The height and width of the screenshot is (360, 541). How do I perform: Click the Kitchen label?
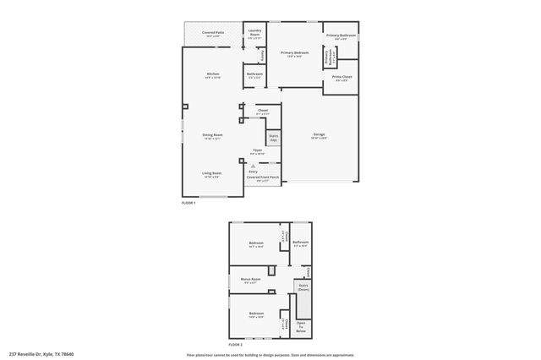pyautogui.click(x=213, y=75)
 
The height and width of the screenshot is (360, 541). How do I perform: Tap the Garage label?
pyautogui.click(x=319, y=136)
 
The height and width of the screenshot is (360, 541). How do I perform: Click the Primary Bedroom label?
pyautogui.click(x=295, y=54)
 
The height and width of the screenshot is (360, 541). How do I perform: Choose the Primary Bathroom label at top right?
pyautogui.click(x=340, y=35)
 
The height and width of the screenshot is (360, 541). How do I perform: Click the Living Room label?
pyautogui.click(x=211, y=174)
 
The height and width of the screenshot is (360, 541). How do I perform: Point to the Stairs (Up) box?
pyautogui.click(x=274, y=137)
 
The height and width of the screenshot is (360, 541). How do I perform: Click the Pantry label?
pyautogui.click(x=263, y=55)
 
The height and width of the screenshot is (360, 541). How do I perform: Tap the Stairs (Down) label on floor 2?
pyautogui.click(x=303, y=287)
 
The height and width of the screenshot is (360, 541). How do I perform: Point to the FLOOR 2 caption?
pyautogui.click(x=235, y=345)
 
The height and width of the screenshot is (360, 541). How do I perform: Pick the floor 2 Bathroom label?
pyautogui.click(x=300, y=243)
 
